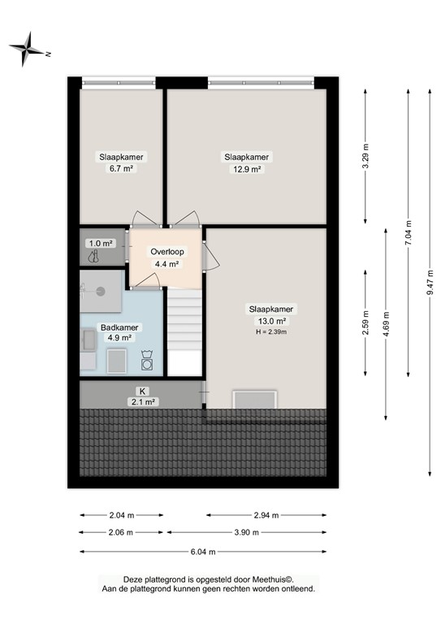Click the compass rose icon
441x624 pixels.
click(x=28, y=50)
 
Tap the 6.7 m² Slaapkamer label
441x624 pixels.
click(x=116, y=162)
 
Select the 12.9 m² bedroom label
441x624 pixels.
click(x=247, y=162)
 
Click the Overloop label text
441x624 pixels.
click(x=167, y=252)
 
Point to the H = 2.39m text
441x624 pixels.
click(x=272, y=331)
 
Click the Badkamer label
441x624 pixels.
click(x=119, y=327)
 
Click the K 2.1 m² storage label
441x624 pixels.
click(x=143, y=396)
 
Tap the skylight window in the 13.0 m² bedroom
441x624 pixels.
click(x=255, y=399)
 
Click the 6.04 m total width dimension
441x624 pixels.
click(x=202, y=552)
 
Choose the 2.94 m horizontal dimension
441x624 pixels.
click(x=266, y=515)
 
